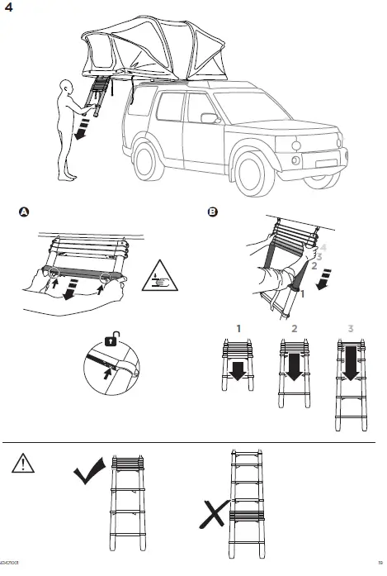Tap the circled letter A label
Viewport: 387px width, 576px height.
point(25,212)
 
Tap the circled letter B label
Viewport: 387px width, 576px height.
point(213,212)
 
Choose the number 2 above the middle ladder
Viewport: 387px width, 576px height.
point(294,329)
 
